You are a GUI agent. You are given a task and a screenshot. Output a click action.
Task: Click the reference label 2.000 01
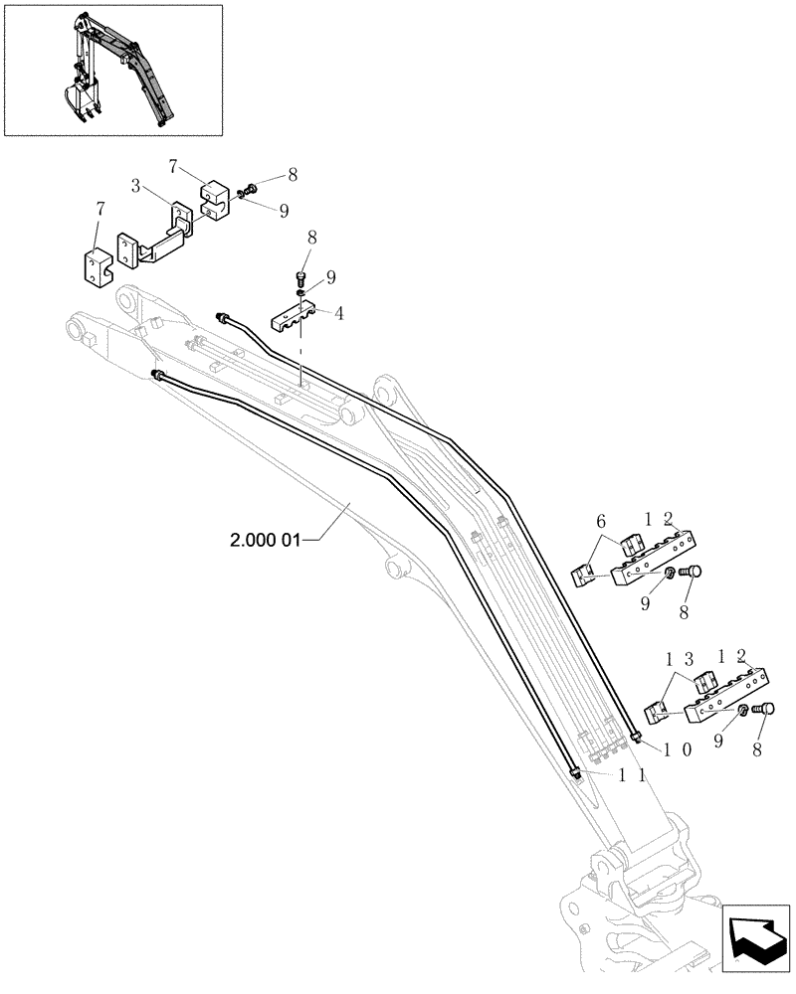coord(272,540)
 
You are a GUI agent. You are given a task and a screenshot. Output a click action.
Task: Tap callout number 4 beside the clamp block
coord(340,314)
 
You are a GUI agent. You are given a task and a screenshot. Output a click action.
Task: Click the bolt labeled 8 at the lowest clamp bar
coord(765,710)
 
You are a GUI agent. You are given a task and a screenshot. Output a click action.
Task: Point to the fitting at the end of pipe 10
coord(635,735)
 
